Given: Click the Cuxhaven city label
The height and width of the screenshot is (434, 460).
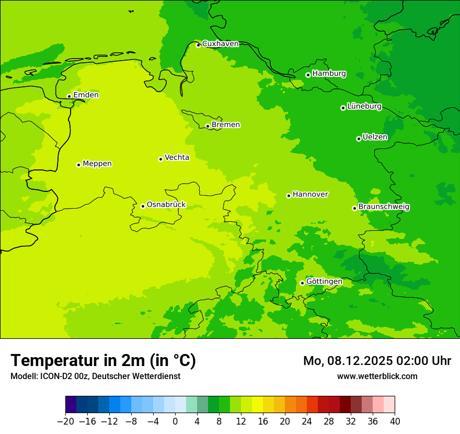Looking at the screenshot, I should (220, 44).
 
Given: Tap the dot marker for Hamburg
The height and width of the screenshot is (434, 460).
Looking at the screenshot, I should (308, 75).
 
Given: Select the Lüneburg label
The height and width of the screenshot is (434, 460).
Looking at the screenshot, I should (364, 106).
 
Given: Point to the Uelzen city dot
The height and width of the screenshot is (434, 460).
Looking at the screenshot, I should (359, 139).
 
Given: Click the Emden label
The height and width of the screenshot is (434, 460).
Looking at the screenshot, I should (86, 95).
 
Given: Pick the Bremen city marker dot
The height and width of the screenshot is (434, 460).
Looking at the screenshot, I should (208, 126).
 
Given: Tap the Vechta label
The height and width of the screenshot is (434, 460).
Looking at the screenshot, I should (177, 157).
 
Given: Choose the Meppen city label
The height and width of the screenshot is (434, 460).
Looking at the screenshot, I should (97, 164).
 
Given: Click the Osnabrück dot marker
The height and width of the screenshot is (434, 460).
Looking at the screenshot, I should (143, 206).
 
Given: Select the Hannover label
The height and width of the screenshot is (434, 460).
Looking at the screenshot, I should (310, 195).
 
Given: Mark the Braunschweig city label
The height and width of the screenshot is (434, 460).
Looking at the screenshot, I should (384, 207).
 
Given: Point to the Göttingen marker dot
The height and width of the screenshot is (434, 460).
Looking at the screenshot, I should (302, 283).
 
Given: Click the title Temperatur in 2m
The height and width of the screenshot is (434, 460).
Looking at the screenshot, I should (103, 360).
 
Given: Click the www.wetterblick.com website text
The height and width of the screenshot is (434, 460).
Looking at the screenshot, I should (377, 376).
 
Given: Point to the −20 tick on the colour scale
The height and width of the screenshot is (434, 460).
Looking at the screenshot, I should (66, 421).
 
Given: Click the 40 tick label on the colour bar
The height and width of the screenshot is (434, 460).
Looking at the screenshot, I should (395, 421).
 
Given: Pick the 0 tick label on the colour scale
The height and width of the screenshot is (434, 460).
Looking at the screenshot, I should (175, 421).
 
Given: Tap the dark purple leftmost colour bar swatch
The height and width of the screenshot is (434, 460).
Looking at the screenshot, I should (71, 405).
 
